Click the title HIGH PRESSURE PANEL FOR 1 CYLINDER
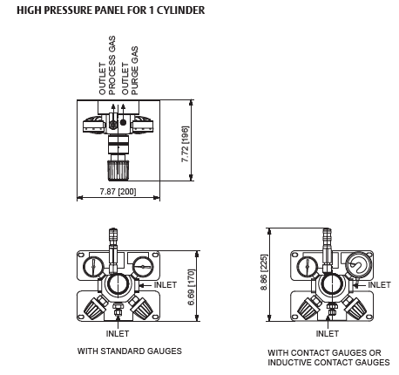pos(111,10)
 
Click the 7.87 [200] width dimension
pos(118,192)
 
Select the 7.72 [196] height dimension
pos(185,144)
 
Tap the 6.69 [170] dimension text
pos(192,287)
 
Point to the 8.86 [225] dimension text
pos(264,272)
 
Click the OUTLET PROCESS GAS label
pos(107,65)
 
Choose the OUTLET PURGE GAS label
pos(130,71)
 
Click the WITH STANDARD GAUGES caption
pos(130,351)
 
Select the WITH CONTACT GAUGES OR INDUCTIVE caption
pos(328,358)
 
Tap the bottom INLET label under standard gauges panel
pos(118,333)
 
